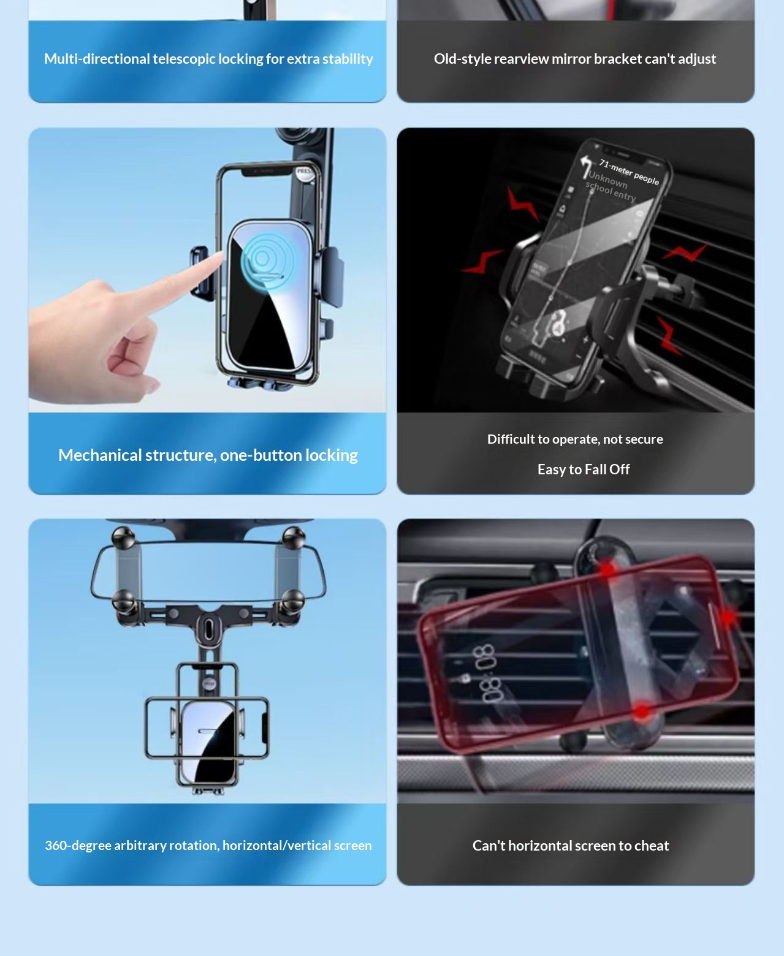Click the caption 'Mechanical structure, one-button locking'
[208, 455]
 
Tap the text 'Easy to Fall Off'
[583, 469]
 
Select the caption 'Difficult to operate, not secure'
[575, 439]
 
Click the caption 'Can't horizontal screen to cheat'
[570, 846]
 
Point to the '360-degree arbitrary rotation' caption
[208, 846]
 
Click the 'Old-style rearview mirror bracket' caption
[574, 59]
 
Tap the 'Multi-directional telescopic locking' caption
[208, 59]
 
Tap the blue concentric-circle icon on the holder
[262, 259]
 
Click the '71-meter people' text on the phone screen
[629, 172]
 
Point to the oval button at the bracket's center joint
[209, 628]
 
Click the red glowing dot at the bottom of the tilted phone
[641, 711]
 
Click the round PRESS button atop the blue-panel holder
[305, 173]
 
